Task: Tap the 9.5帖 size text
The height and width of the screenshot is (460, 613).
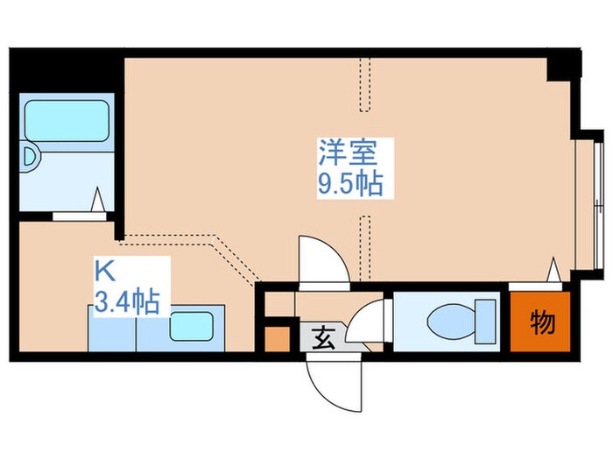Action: (x=348, y=184)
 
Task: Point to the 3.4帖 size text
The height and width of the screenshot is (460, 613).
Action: (x=127, y=303)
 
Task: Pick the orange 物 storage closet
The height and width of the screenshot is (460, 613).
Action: (x=541, y=322)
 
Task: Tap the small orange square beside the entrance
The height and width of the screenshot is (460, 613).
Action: (x=277, y=338)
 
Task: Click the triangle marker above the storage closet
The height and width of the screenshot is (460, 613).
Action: (x=553, y=270)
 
